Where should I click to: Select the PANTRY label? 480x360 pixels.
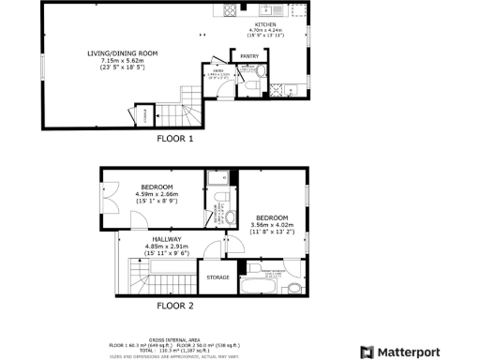coord(249,56)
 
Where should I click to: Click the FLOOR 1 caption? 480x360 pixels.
coord(174,139)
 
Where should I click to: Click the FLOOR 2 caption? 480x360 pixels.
coord(174,306)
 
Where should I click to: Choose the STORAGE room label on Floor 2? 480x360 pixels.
coord(217,277)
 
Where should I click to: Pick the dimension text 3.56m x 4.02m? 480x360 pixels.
coord(272,225)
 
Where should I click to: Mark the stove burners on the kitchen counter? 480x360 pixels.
coord(229,10)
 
